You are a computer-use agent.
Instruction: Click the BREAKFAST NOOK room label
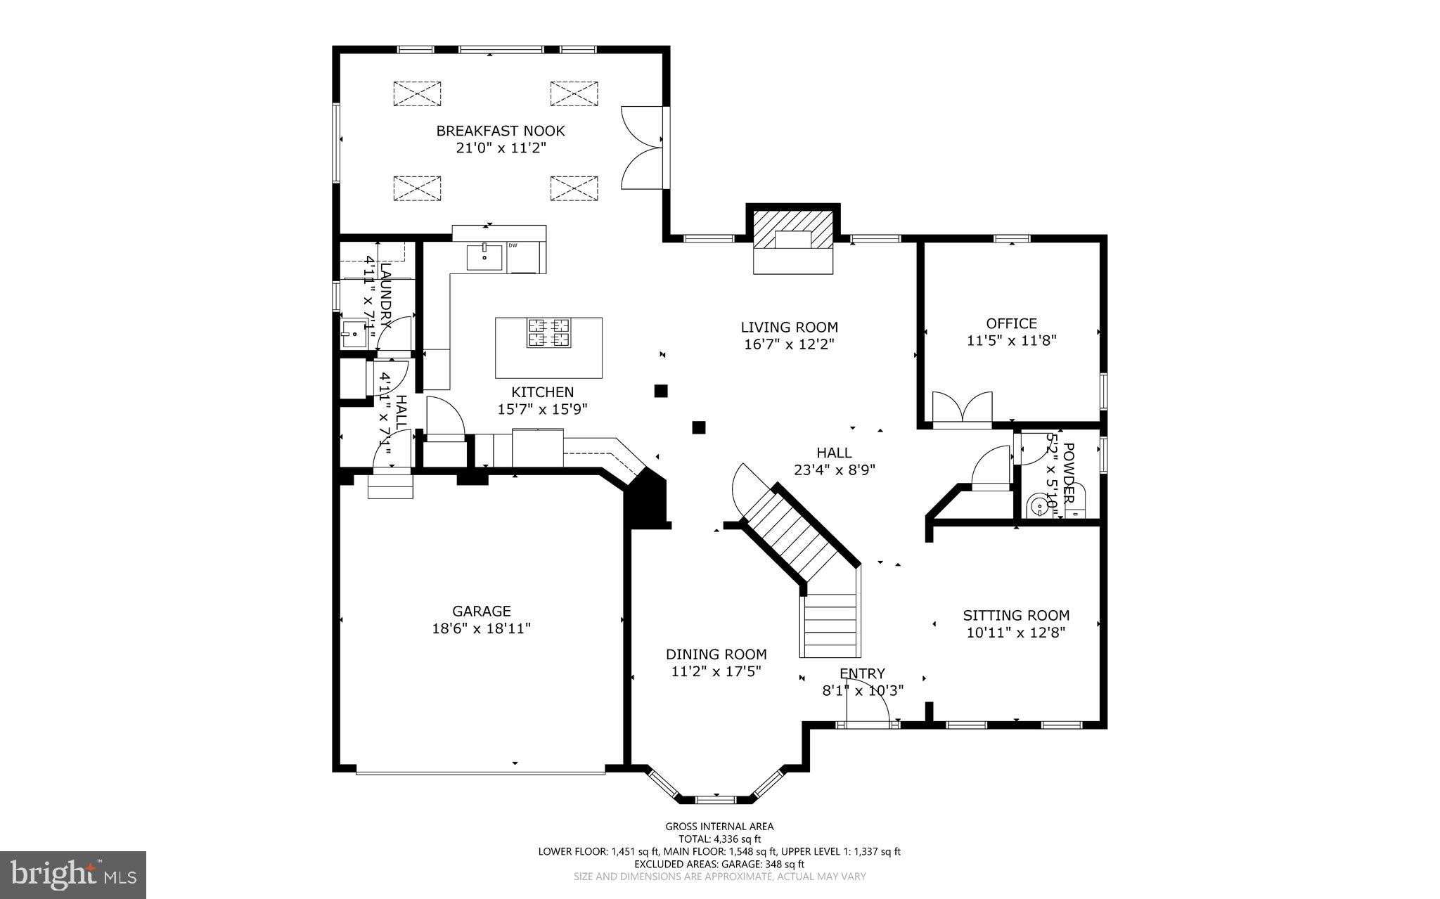500,131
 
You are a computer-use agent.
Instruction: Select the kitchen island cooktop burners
548,333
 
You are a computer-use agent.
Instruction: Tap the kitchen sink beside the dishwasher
484,257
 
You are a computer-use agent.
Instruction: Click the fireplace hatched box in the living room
793,228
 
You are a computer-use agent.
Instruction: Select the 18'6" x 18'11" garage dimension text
481,628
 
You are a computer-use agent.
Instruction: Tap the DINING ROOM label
716,654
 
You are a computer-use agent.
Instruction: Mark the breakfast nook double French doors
642,147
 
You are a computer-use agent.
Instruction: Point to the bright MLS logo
72,874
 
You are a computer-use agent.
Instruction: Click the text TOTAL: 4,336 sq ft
719,839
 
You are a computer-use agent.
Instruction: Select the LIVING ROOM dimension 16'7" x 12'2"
789,344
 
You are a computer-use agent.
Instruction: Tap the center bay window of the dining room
716,799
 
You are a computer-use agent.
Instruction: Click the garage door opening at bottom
480,772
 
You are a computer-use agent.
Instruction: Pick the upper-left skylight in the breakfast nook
417,93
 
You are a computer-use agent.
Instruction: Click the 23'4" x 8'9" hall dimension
834,470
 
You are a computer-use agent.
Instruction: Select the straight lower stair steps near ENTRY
830,626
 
